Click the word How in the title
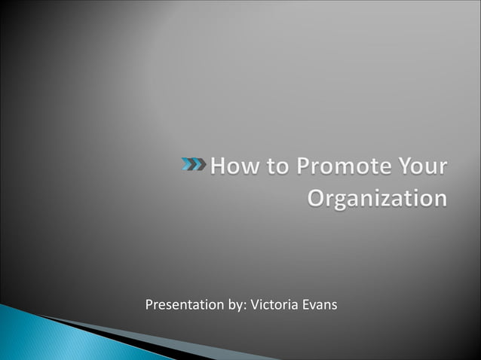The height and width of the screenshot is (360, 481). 234,166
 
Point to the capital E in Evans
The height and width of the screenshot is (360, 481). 304,305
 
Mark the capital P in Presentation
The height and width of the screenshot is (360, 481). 149,305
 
